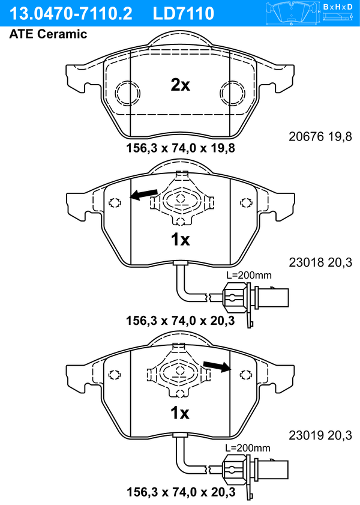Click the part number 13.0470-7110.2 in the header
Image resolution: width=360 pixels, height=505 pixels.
pos(71,14)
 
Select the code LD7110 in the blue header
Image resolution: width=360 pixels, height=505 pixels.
pos(184,14)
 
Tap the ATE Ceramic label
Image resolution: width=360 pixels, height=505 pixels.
pos(48,34)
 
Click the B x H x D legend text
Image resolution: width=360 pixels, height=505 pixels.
pos(338,7)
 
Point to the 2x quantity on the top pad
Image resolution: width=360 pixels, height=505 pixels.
pos(180,85)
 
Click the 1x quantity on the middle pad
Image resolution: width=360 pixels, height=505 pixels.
pos(180,240)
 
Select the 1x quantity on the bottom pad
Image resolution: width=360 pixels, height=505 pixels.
pos(180,413)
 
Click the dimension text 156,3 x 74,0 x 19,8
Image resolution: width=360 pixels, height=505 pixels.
pos(181,148)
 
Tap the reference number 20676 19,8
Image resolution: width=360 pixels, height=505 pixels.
pos(320,136)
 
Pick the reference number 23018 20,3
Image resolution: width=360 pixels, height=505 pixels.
pos(320,262)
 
